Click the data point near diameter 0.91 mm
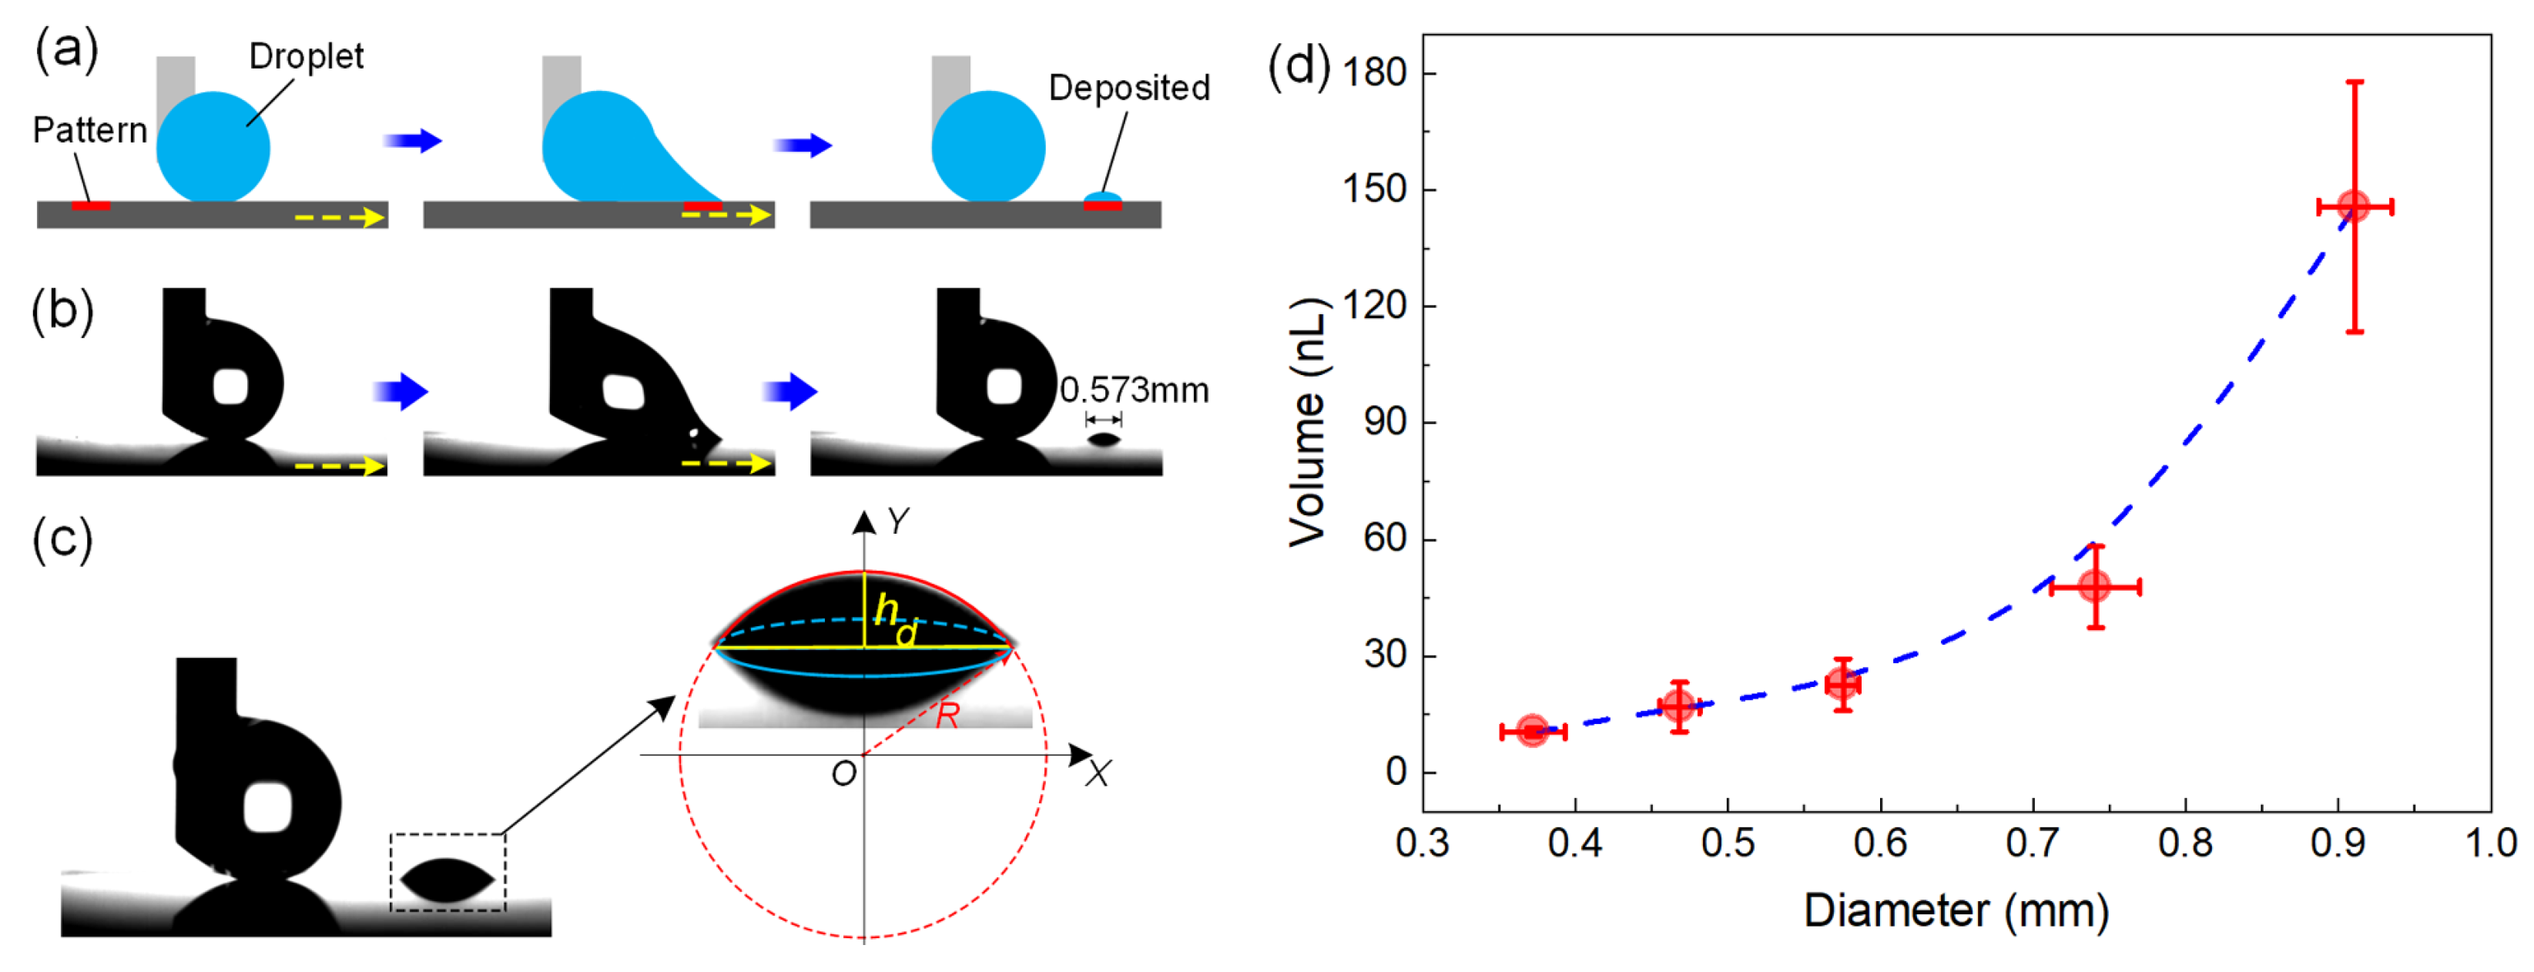2354,206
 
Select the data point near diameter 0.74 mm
2095,588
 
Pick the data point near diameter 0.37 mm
1533,731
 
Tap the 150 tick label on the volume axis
1375,189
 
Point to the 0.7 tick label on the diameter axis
2033,843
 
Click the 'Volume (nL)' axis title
1309,422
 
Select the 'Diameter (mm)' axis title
1956,911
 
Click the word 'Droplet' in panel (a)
306,57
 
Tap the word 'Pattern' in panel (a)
89,130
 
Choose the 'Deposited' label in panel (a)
1129,89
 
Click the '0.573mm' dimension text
1135,390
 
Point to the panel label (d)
1299,67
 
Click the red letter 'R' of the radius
947,716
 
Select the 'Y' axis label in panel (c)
897,521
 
